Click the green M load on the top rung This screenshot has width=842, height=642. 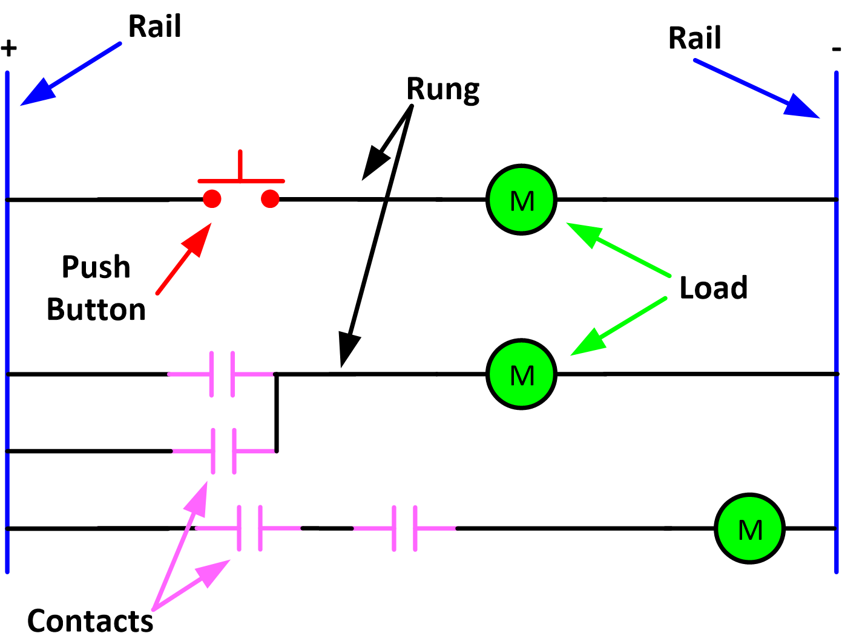(x=521, y=199)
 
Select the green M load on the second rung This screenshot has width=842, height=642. (x=521, y=374)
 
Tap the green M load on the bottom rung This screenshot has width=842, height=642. (x=749, y=529)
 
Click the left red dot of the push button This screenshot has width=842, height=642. (x=212, y=199)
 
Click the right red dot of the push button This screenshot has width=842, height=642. (x=270, y=199)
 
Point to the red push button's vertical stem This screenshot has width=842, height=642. (x=240, y=164)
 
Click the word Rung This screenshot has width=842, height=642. (x=442, y=89)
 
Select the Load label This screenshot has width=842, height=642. (x=713, y=288)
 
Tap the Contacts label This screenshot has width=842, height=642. (x=90, y=621)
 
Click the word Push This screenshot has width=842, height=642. (x=96, y=267)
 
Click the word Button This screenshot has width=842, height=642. (x=96, y=310)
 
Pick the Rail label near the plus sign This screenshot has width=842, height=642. (x=154, y=27)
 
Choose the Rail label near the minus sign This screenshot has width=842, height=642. (x=694, y=38)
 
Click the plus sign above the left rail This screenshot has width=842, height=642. (x=8, y=48)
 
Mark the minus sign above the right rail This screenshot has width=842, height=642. (x=836, y=49)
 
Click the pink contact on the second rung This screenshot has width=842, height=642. (x=222, y=374)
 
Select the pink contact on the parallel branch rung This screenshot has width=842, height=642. (x=224, y=451)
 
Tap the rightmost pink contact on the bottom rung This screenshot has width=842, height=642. (x=404, y=528)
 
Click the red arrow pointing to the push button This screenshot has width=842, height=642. (x=183, y=259)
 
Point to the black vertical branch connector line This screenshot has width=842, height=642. (x=277, y=413)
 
